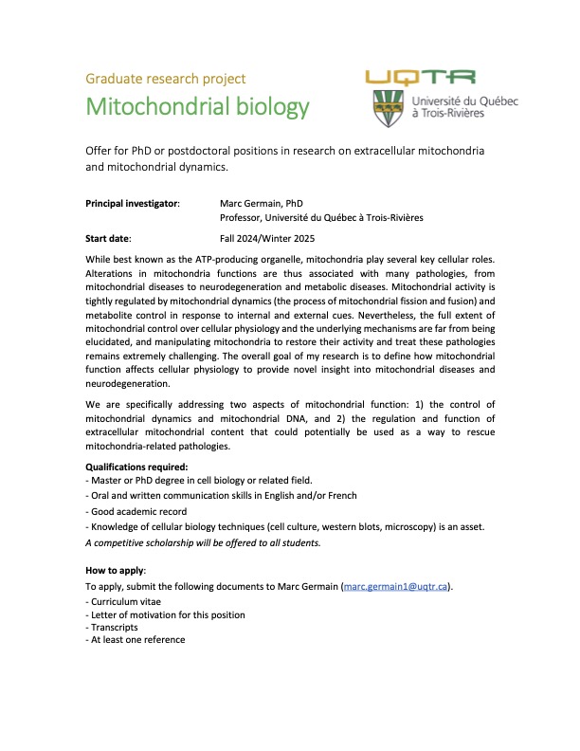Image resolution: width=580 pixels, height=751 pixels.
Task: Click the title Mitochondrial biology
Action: click(x=197, y=106)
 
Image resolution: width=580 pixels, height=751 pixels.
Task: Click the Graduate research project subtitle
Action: click(x=166, y=78)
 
